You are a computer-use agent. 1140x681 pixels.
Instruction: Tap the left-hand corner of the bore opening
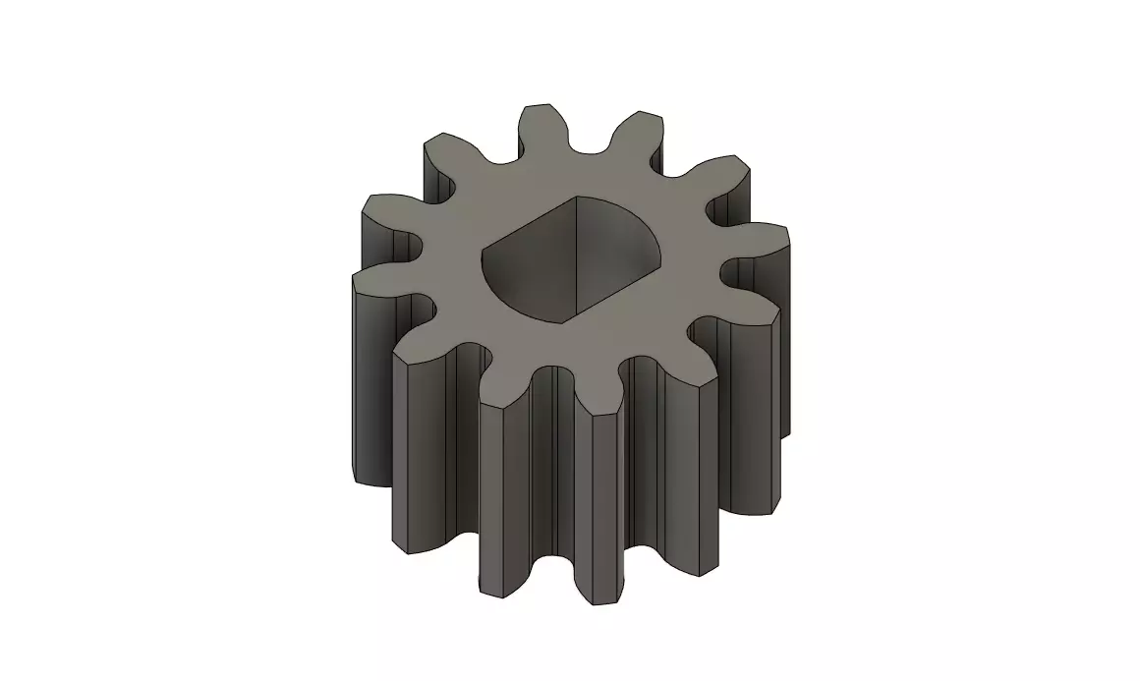[482, 261]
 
